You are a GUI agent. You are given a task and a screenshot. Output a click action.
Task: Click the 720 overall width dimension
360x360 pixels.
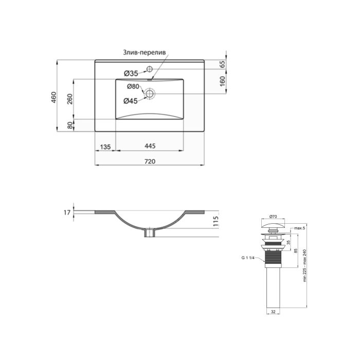[150, 161]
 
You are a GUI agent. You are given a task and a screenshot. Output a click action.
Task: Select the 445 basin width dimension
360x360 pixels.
[150, 147]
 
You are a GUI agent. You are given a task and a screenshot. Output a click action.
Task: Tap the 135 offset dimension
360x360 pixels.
[104, 147]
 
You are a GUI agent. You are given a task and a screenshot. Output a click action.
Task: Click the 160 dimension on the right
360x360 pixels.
[223, 81]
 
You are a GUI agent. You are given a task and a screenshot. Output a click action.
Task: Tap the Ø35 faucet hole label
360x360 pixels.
[131, 73]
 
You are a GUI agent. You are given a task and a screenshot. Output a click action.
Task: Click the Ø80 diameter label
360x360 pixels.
[133, 86]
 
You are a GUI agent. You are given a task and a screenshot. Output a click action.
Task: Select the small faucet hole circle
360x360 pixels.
[150, 68]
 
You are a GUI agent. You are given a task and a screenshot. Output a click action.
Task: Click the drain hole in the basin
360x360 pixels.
[150, 94]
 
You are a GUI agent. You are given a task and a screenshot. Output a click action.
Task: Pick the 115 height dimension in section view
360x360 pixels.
[216, 221]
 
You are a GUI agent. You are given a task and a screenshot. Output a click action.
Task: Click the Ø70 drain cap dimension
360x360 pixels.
[273, 217]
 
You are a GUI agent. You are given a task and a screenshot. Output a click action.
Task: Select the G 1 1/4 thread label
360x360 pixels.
[250, 258]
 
